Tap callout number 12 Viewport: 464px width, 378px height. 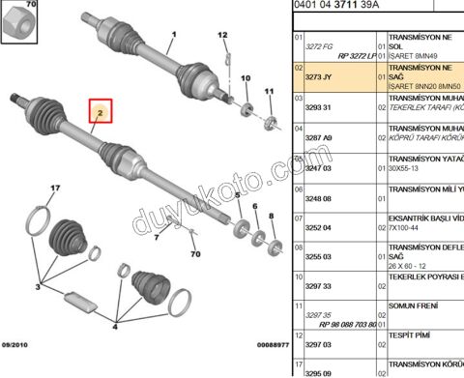point(222,38)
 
